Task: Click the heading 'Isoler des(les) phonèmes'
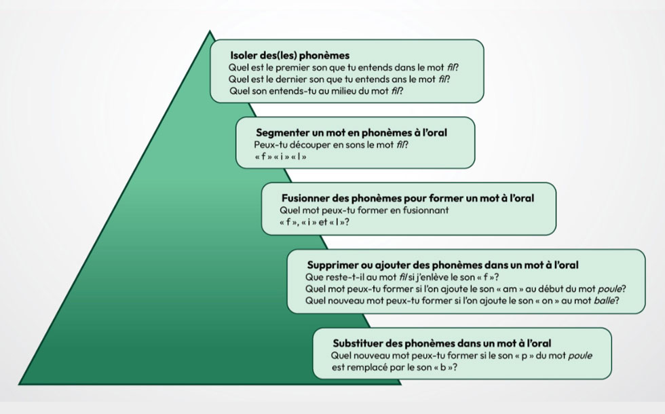[290, 55]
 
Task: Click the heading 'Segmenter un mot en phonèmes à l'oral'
[351, 133]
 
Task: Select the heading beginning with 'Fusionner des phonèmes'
[408, 198]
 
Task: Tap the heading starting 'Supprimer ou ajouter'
[442, 265]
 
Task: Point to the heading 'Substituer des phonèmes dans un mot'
[442, 343]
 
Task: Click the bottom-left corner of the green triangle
[19, 384]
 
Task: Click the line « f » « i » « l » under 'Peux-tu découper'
[280, 157]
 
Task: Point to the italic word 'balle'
[604, 301]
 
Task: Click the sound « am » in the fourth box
[500, 289]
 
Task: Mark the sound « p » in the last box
[524, 356]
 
